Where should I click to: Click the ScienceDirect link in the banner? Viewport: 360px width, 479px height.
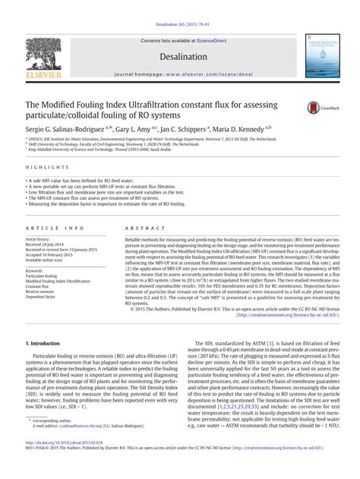point(216,19)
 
